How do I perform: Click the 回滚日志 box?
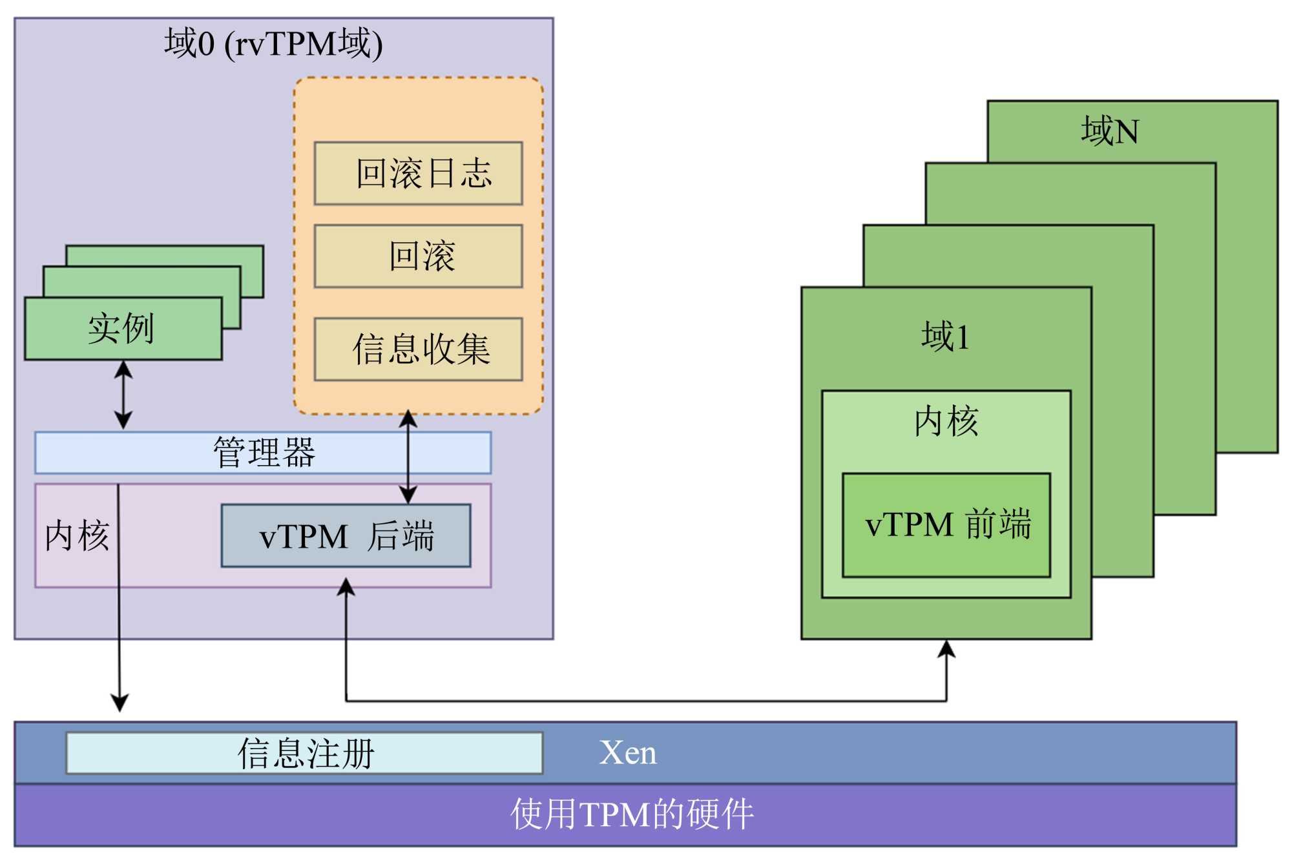coord(418,173)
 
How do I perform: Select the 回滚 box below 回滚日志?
coord(418,256)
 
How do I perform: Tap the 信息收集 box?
coord(418,349)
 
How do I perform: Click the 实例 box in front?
coord(123,328)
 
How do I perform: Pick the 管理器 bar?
coord(263,452)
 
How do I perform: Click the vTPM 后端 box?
coord(346,536)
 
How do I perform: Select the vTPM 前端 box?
coord(946,524)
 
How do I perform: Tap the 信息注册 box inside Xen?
coord(304,752)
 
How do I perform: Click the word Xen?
coord(628,752)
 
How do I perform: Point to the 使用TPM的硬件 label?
coord(632,814)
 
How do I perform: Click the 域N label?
coord(1109,131)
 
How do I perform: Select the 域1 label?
coord(945,337)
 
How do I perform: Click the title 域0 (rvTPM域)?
coord(273,44)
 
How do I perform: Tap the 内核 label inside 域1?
coord(946,421)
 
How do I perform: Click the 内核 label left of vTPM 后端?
coord(77,536)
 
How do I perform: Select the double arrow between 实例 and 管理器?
coord(123,395)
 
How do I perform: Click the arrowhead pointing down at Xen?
coord(120,703)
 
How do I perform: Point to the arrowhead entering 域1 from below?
coord(946,648)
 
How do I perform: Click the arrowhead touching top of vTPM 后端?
coord(408,495)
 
